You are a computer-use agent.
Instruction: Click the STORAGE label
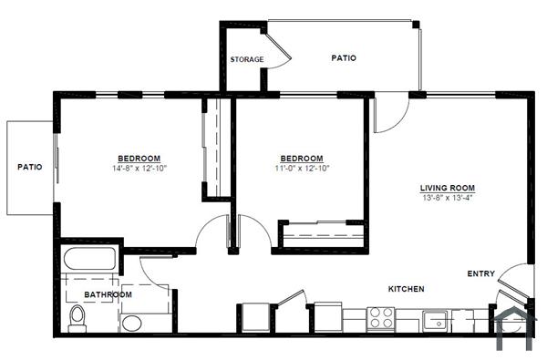click(247, 60)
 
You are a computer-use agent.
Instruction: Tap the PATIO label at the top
click(344, 58)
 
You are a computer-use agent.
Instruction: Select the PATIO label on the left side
click(30, 167)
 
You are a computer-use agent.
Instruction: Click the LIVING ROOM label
click(447, 189)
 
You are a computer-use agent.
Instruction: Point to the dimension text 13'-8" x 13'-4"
click(447, 198)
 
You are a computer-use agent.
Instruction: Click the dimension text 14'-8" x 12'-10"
click(139, 168)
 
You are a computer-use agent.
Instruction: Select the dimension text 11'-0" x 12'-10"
click(301, 168)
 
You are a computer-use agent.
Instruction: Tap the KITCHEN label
click(407, 289)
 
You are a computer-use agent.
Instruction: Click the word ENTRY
click(480, 273)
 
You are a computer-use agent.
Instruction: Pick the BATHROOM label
click(108, 294)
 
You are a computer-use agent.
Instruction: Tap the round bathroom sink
click(133, 322)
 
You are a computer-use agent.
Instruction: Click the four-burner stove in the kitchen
click(380, 319)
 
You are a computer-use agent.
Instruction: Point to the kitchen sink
click(437, 320)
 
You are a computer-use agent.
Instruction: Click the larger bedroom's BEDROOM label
click(139, 158)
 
